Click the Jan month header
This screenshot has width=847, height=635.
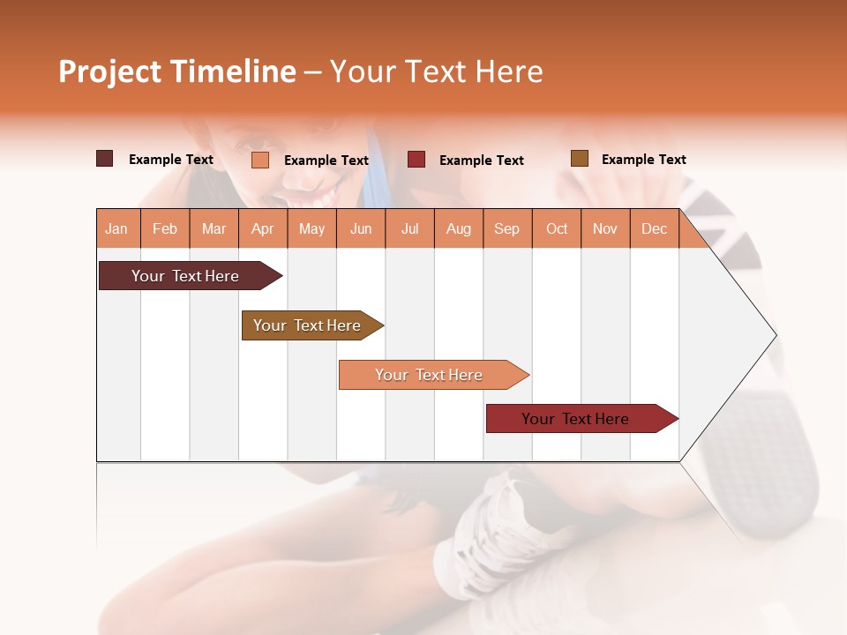[x=117, y=228]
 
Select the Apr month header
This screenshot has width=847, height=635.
[x=263, y=228]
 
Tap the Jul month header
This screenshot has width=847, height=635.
[x=409, y=228]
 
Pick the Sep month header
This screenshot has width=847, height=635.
[x=506, y=228]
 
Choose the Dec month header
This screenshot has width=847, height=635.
[x=654, y=228]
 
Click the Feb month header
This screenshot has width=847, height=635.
[x=165, y=228]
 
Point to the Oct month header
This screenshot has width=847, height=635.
[x=557, y=228]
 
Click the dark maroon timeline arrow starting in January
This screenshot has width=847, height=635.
[x=185, y=276]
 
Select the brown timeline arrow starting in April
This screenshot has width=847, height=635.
[x=307, y=325]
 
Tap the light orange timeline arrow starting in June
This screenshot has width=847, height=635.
[x=429, y=375]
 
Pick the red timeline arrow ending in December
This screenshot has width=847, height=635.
[x=575, y=419]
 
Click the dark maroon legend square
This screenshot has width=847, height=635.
[x=104, y=159]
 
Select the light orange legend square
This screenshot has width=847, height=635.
[x=259, y=160]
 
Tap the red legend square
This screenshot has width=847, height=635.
[x=416, y=160]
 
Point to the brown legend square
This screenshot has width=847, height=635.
[x=579, y=159]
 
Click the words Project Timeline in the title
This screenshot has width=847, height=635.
[x=176, y=71]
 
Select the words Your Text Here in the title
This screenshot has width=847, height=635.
[x=437, y=71]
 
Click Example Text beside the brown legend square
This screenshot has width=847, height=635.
[x=643, y=160]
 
